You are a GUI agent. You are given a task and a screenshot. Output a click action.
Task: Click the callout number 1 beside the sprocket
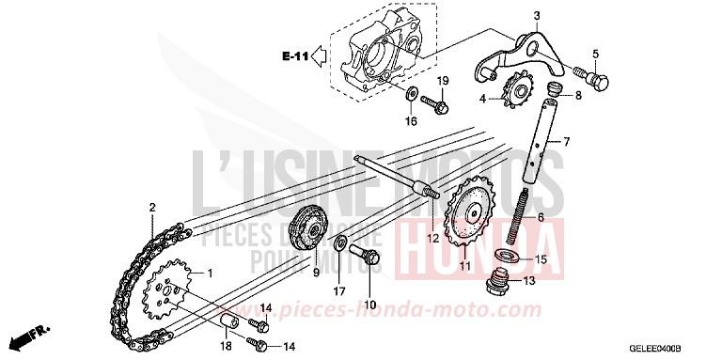pos(210,274)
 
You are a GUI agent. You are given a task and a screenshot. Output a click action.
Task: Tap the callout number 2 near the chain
pos(151,206)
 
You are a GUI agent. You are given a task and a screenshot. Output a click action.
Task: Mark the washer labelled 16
pos(411,95)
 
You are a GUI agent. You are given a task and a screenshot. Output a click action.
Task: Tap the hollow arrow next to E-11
pos(320,58)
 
